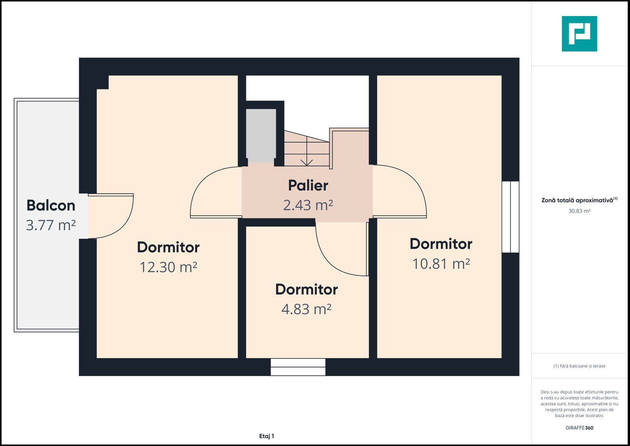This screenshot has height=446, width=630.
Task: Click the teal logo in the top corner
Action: point(579,34)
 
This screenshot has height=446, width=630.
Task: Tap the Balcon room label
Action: point(51,206)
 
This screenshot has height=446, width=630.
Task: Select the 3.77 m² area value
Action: point(51,225)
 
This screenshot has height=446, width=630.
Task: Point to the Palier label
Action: point(308,185)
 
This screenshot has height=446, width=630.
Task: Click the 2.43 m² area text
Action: point(308,205)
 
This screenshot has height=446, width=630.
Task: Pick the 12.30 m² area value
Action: point(168,267)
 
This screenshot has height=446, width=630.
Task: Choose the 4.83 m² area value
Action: point(306,309)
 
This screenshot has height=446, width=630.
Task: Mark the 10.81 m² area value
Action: point(441,264)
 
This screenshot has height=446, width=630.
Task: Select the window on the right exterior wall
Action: point(510,217)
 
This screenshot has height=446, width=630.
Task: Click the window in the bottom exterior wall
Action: point(298,367)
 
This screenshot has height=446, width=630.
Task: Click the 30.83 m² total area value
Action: point(579,211)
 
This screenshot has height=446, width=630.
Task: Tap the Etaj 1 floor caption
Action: point(267,436)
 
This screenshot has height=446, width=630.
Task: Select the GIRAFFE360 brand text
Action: point(579,428)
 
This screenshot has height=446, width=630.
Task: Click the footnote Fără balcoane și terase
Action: point(579,366)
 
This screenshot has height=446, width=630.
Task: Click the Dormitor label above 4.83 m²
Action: point(306,289)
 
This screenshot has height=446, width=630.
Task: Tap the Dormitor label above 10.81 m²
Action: point(441,244)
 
